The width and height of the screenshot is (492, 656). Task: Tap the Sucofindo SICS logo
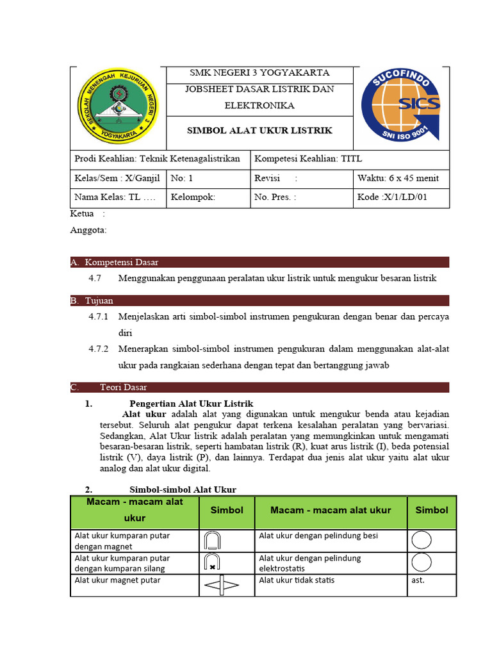(400, 106)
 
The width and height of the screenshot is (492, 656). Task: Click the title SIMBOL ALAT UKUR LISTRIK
(259, 131)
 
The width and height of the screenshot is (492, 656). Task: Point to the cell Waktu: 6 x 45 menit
(397, 178)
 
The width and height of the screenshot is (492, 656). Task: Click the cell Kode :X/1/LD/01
(392, 197)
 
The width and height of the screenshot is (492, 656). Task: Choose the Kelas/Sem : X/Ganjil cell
(117, 178)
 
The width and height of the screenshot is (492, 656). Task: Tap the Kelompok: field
(193, 197)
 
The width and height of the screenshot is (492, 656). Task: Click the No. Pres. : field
(275, 197)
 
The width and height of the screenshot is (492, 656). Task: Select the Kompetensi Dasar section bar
(122, 262)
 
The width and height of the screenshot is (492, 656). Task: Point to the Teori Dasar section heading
(123, 387)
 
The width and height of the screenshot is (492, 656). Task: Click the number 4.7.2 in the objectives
(99, 349)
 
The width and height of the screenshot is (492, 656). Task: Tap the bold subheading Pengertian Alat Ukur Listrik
(192, 403)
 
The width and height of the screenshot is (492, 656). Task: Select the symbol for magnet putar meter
(221, 586)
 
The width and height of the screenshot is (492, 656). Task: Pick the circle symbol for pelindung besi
(422, 541)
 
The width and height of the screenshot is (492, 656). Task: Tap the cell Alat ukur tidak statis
(296, 580)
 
